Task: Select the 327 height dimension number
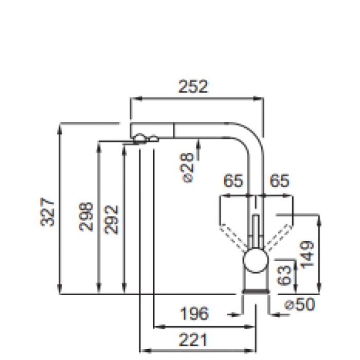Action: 48,212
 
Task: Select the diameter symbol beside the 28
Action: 188,177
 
